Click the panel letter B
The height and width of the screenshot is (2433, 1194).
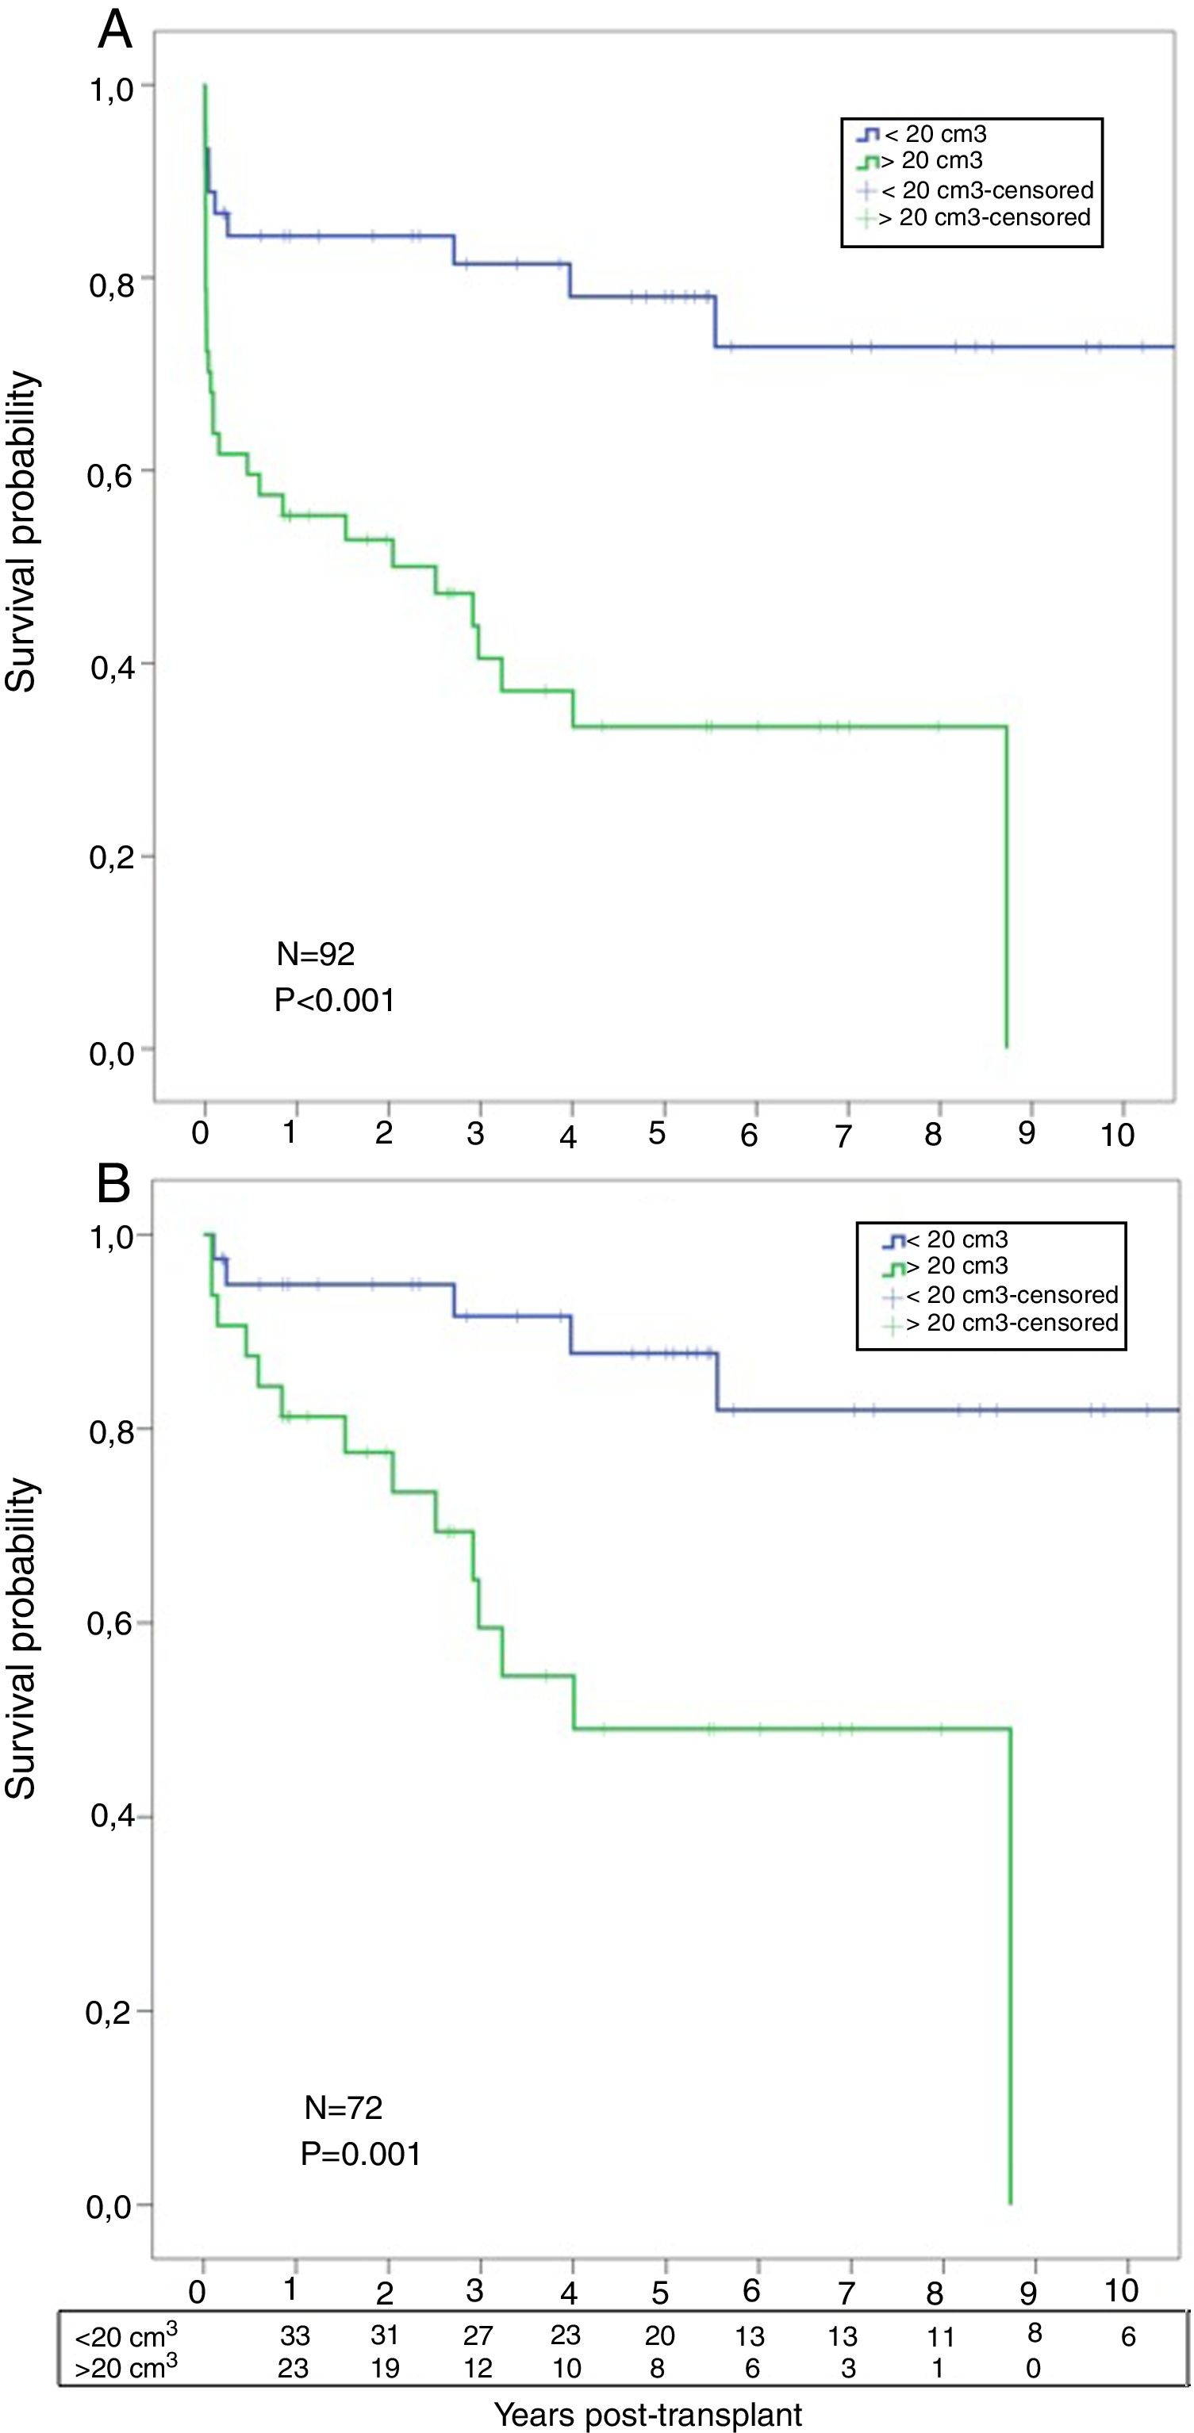[x=113, y=1183]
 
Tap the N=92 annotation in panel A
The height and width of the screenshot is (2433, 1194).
[x=316, y=954]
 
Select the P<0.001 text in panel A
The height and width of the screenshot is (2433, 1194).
[x=334, y=999]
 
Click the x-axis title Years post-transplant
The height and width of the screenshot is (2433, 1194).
[x=648, y=2413]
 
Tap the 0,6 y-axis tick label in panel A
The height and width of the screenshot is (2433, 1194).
[x=111, y=475]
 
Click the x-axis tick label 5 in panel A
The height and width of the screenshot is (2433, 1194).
[x=658, y=1133]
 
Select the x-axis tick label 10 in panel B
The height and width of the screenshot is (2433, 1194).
[x=1121, y=2289]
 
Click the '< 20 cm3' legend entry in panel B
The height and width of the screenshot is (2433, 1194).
[x=957, y=1239]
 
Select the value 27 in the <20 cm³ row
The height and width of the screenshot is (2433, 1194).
[x=478, y=2335]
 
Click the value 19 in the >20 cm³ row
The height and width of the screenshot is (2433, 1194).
[x=386, y=2368]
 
